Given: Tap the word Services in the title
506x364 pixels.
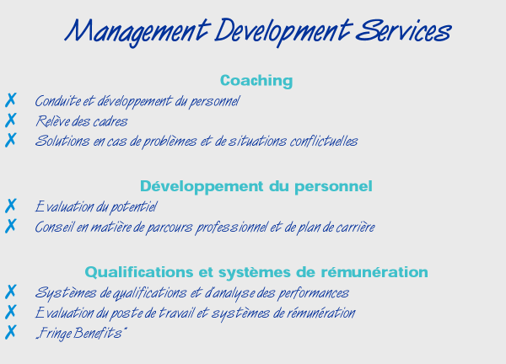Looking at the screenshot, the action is [403, 30].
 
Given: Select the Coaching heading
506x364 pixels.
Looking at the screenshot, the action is [256, 81].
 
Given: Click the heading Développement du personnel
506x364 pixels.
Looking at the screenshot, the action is [256, 186].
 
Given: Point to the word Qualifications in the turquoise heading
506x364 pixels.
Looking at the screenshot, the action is [139, 272].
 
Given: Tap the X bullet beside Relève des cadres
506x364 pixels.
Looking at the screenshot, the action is [11, 120].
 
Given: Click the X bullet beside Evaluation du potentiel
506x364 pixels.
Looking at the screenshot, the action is [11, 206].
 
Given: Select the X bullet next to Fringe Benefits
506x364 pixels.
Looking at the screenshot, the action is [11, 332].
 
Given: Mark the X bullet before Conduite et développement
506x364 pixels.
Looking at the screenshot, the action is [11, 100].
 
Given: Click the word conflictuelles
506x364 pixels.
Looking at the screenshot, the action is [324, 141].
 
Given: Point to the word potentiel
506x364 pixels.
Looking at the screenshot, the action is [133, 207].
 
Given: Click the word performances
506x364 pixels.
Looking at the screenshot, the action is [313, 293].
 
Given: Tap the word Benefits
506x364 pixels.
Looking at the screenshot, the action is [98, 333].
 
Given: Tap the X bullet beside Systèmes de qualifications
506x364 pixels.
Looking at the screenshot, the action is [11, 292].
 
